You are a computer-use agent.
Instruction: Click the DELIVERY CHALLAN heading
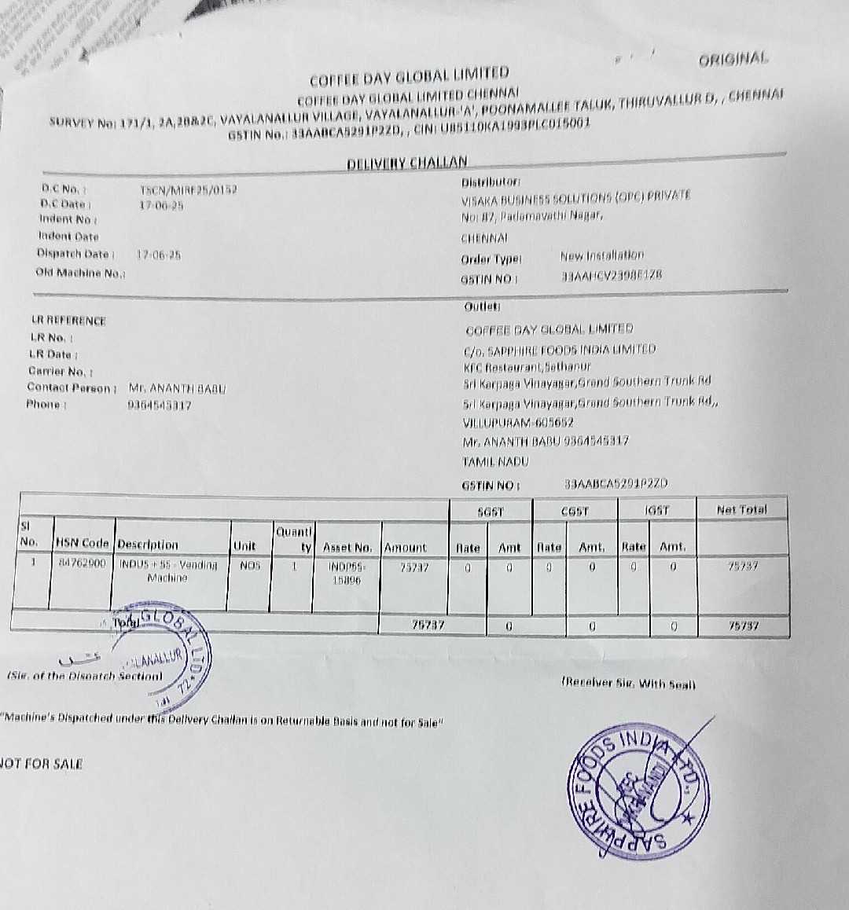[x=407, y=163]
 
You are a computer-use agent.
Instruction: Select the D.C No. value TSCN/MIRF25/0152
[x=188, y=189]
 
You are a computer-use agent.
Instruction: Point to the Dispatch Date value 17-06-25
[x=159, y=255]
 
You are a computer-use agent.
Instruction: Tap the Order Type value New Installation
[x=601, y=255]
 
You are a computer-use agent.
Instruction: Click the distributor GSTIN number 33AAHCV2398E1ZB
[x=612, y=276]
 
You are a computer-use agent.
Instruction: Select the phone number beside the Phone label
[x=159, y=405]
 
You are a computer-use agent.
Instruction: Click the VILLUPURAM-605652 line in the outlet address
[x=518, y=422]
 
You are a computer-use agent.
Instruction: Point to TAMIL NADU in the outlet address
[x=495, y=461]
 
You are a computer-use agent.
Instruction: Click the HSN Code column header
[x=82, y=543]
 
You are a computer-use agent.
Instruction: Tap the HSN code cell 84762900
[x=82, y=563]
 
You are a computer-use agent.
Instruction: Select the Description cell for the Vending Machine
[x=168, y=571]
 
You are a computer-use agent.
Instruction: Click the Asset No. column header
[x=347, y=547]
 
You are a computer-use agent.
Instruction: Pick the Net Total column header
[x=741, y=510]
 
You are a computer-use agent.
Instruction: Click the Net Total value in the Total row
[x=743, y=626]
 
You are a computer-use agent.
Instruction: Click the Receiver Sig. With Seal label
[x=628, y=684]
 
